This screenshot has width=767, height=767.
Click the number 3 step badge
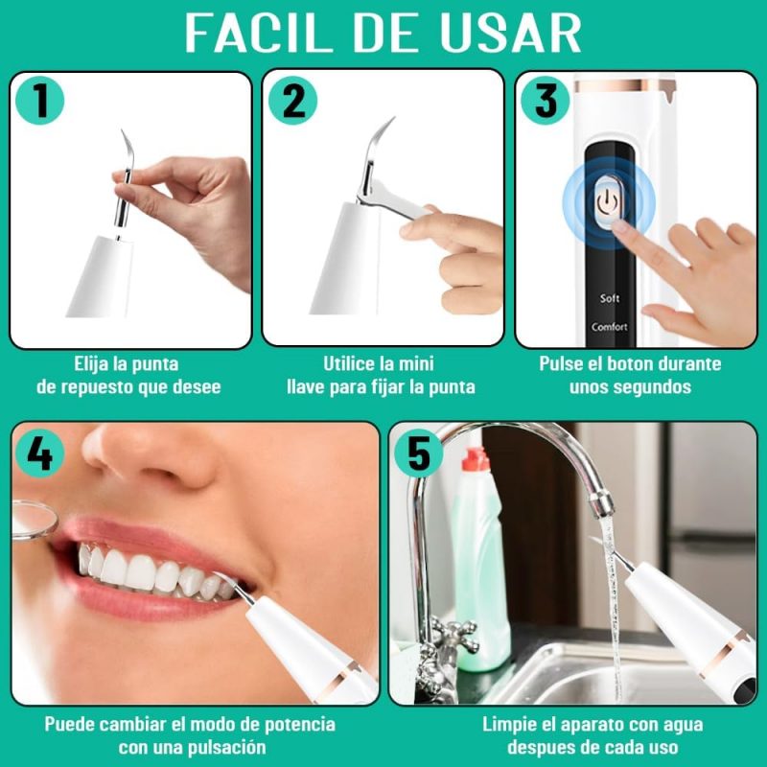545,101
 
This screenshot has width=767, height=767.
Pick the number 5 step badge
419,453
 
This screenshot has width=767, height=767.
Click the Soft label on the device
609,298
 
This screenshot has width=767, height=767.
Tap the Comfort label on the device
609,327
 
